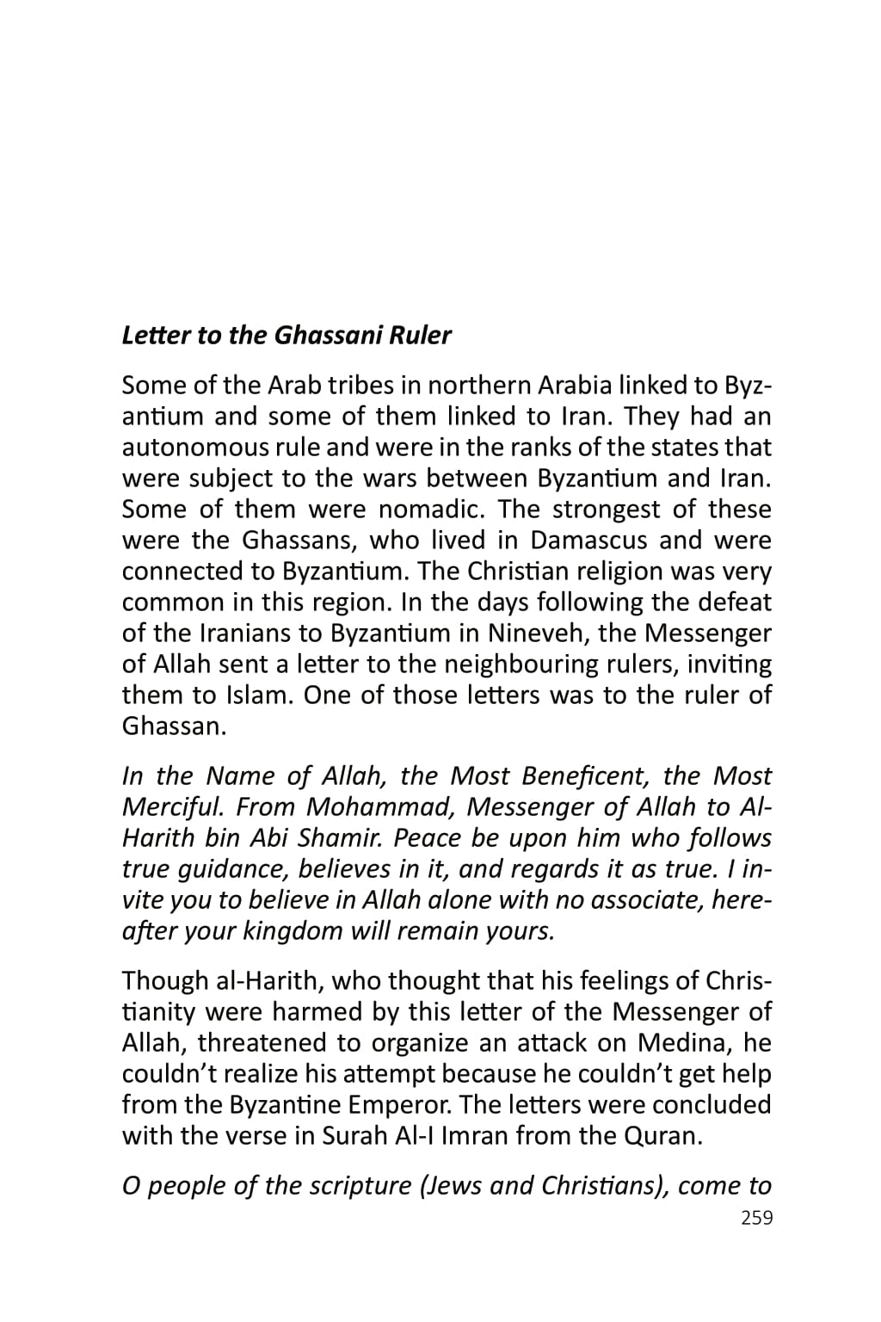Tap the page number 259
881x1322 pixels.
tap(756, 1218)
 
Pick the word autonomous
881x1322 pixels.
tap(194, 448)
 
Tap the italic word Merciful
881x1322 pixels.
tap(174, 807)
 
